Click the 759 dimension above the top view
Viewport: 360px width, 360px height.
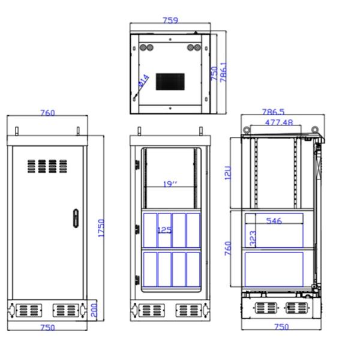coord(170,20)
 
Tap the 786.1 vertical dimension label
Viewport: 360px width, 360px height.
coord(223,72)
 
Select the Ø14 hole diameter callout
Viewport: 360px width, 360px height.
coord(144,80)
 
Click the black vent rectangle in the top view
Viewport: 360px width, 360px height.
coord(170,82)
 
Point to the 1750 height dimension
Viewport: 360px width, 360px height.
coord(101,228)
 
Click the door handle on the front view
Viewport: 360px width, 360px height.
coord(76,218)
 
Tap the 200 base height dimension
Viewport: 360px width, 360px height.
coord(94,310)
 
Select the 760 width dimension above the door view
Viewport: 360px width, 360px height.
coord(47,113)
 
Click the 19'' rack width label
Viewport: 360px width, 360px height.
coord(170,184)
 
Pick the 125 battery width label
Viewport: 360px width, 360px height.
coord(164,230)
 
